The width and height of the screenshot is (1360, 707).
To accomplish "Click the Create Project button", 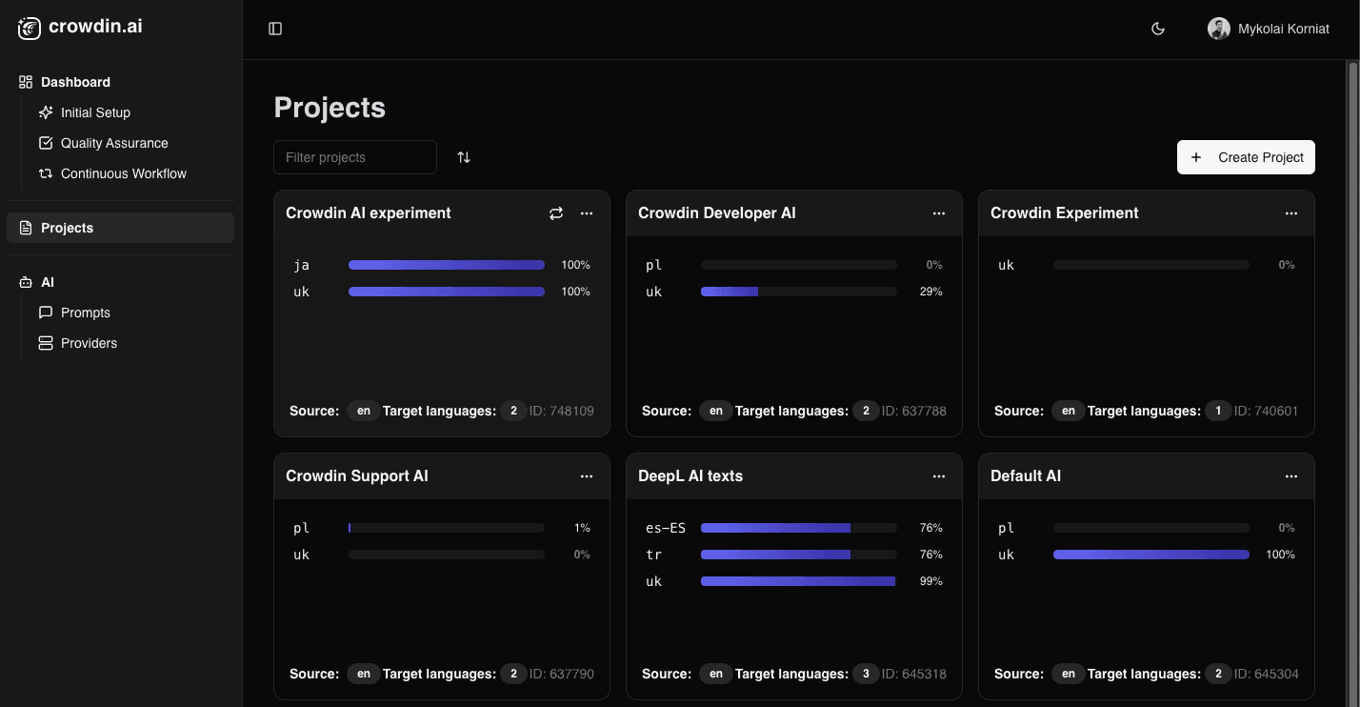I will (1246, 157).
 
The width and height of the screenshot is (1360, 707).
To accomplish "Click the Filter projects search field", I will (354, 157).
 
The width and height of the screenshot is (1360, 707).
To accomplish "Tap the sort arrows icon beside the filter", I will (464, 157).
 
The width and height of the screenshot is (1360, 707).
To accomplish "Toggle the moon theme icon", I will (1158, 29).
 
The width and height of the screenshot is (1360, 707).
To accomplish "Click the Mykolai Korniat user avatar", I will (1218, 29).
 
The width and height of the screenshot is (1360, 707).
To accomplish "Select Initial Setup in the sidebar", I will (95, 112).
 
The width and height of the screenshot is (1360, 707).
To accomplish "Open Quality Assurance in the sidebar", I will (114, 143).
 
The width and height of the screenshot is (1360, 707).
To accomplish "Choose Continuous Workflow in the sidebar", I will (123, 173).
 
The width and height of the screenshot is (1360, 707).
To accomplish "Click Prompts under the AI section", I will (85, 313).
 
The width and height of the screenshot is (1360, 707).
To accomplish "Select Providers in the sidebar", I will (89, 343).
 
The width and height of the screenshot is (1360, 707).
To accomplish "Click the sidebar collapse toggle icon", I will (275, 29).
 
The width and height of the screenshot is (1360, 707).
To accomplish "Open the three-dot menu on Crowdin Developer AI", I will (939, 213).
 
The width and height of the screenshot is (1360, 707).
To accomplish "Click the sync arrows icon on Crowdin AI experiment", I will (556, 213).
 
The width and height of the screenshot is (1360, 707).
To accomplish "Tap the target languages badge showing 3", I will (865, 674).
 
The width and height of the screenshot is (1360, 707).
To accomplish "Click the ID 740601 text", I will (1266, 411).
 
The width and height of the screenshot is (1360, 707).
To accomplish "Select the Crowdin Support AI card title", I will (357, 475).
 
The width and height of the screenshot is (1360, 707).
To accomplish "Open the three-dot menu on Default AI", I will (1291, 476).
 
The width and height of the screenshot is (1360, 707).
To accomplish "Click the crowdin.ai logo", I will (80, 27).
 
